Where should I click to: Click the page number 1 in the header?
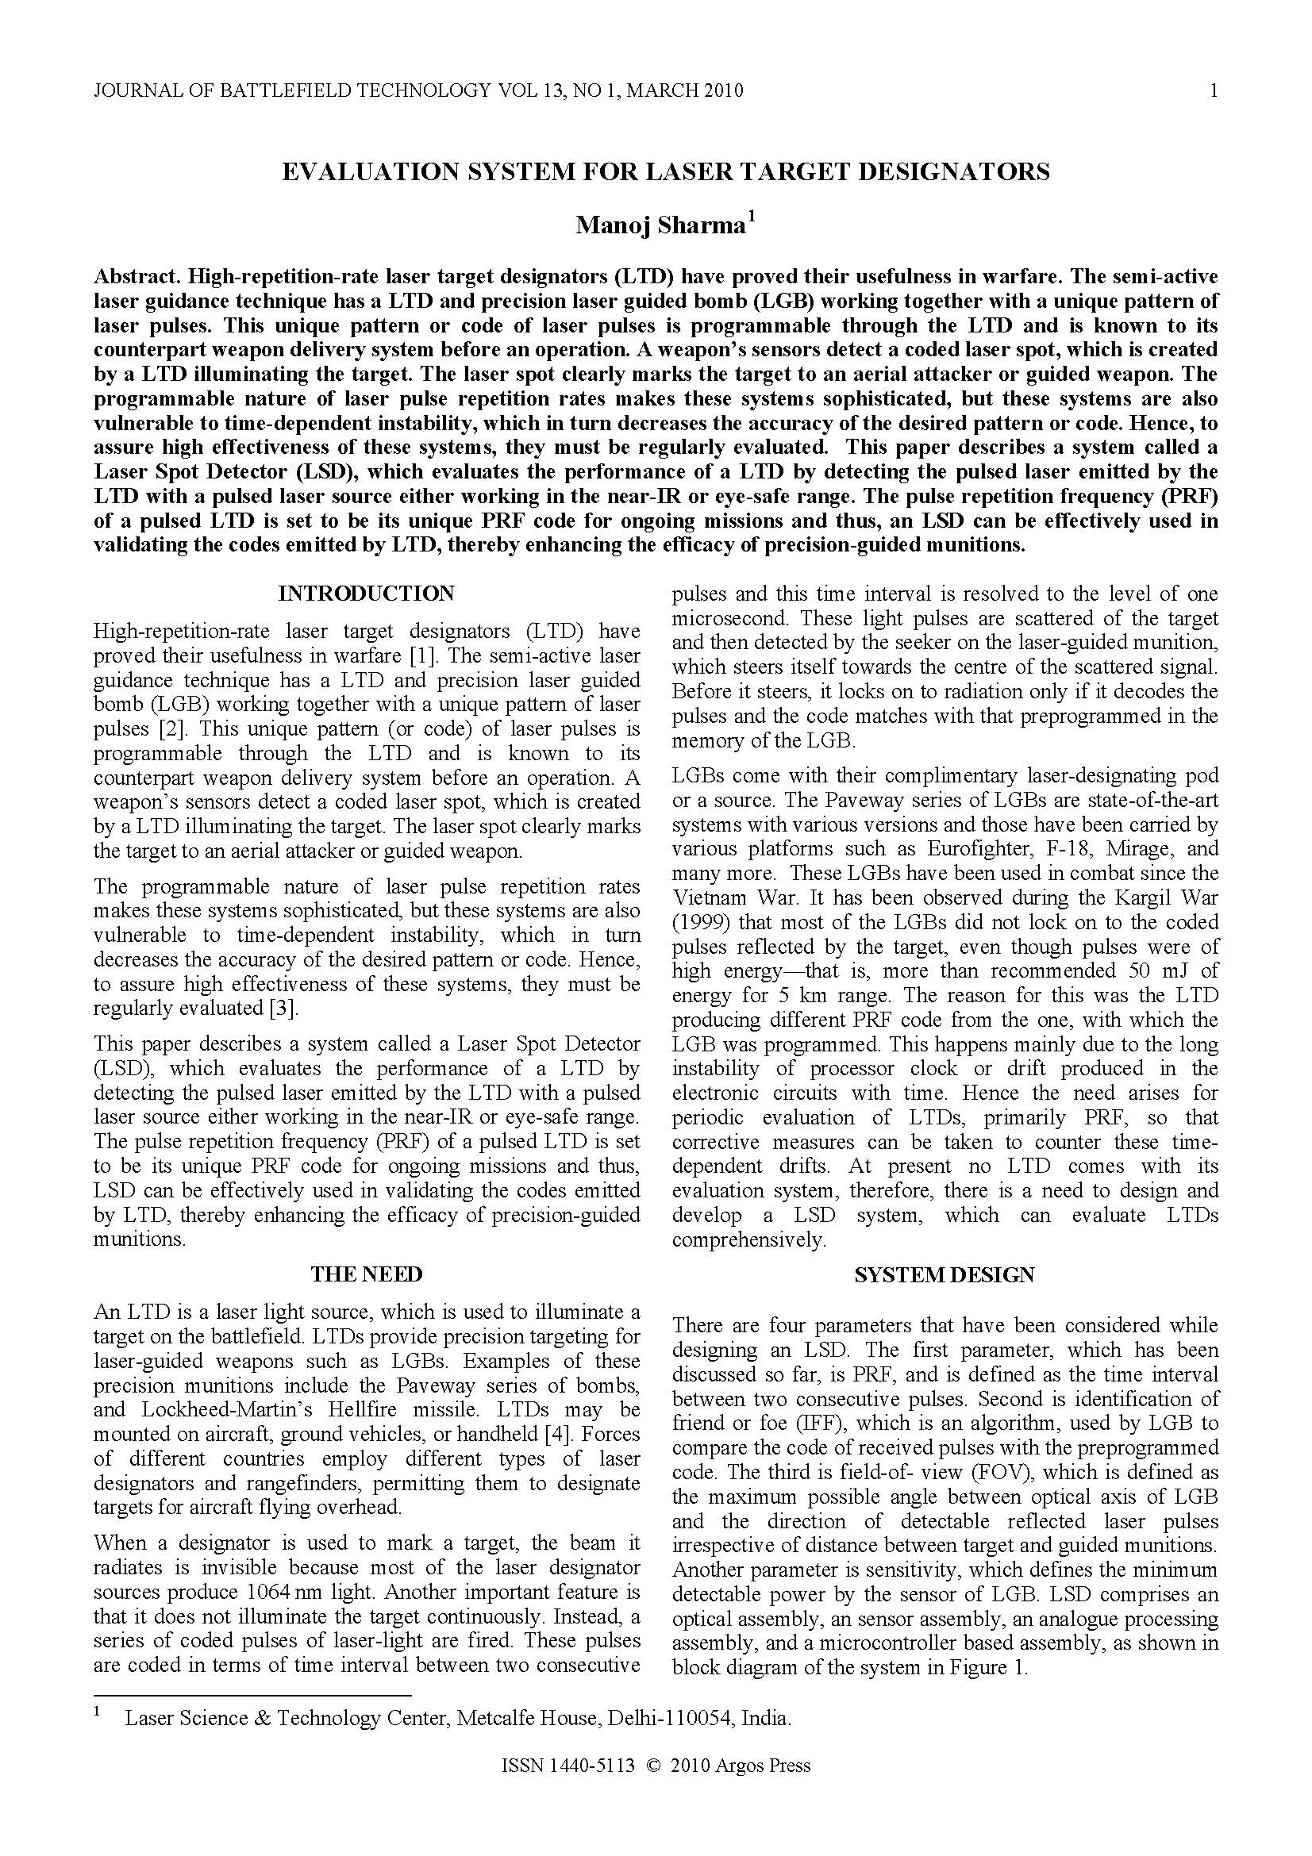coord(1214,90)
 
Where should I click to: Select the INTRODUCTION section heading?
coord(366,594)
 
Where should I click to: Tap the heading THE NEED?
coord(366,1275)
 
